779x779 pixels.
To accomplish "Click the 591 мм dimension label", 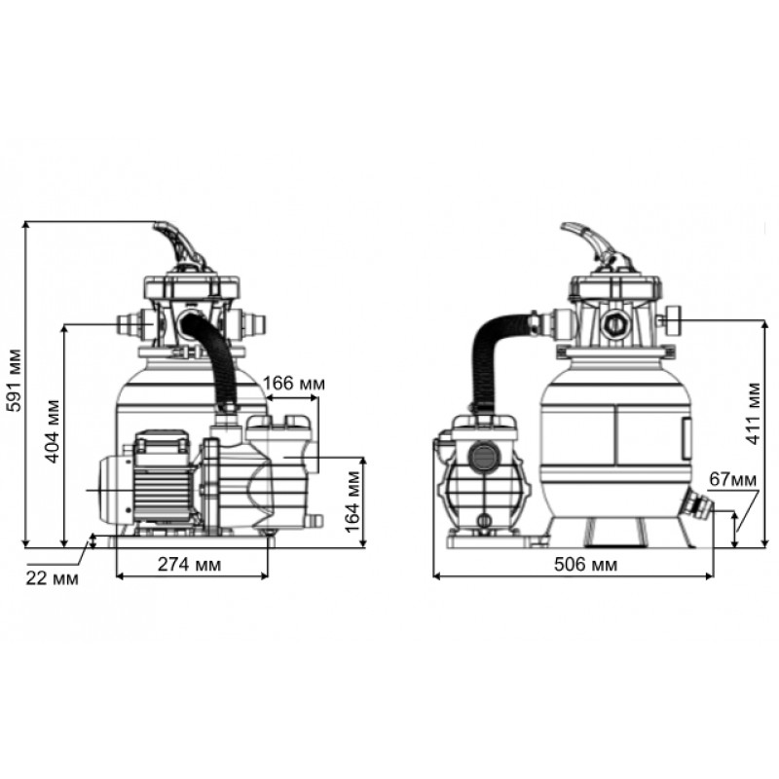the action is [14, 381].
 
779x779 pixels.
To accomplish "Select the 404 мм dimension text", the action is [53, 431].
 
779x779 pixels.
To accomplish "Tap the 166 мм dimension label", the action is [294, 384].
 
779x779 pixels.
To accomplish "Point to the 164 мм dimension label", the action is [352, 501].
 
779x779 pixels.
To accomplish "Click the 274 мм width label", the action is [189, 565].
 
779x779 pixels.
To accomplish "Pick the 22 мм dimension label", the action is [53, 578].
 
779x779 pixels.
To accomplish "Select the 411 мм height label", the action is [753, 413].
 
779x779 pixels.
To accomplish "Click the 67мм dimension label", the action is [733, 479].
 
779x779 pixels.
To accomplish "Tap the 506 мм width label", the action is [586, 565].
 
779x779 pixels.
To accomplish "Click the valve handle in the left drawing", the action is [180, 247].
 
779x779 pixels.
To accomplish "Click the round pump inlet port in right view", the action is [481, 456].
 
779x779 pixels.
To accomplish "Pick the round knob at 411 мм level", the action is [672, 320].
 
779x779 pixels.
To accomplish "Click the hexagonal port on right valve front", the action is [615, 324].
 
